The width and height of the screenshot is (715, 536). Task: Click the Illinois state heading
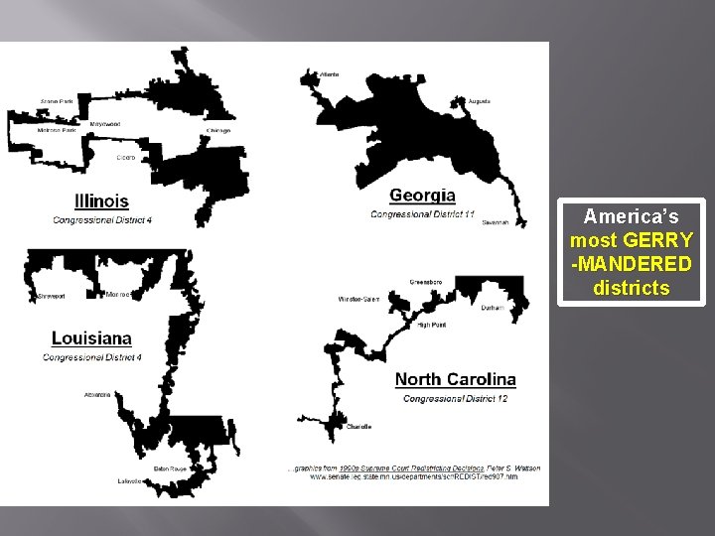coord(102,201)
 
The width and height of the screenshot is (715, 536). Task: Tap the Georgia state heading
coord(422,196)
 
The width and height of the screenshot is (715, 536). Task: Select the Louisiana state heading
coord(91,338)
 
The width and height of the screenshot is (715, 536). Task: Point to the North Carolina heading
coord(455,379)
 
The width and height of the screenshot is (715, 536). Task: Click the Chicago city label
coord(218,130)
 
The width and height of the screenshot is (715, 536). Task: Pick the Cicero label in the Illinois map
coord(125,157)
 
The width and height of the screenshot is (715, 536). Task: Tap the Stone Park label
coord(56,101)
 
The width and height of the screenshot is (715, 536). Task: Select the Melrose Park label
coord(56,130)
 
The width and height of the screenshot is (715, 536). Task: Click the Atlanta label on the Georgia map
coord(327,73)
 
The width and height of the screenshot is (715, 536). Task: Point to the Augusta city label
coord(479,101)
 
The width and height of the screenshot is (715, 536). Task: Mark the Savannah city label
coord(495,223)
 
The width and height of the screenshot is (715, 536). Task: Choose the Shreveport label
coord(50,295)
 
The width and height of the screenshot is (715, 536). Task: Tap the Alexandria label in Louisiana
coord(97,394)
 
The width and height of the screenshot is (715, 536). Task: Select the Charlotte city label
coord(359,427)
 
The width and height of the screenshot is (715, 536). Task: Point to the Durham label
coord(493,308)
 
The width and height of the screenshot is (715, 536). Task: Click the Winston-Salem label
coord(357,299)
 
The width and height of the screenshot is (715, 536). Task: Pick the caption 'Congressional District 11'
coord(422,213)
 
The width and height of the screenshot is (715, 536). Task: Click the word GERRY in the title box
coord(666,240)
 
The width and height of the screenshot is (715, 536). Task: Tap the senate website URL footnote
coord(413,477)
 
